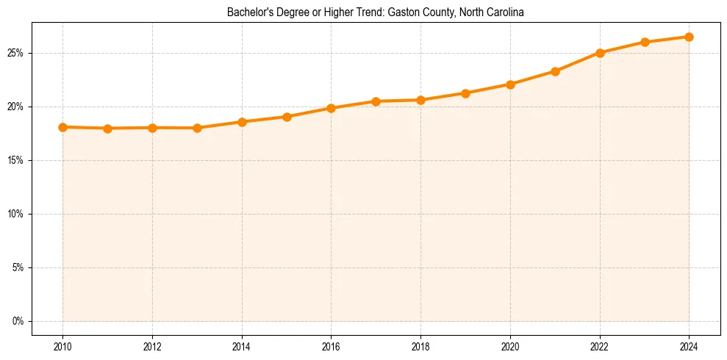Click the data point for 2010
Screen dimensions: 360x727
(62, 127)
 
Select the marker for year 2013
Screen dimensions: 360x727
(197, 128)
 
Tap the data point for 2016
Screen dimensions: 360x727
(331, 108)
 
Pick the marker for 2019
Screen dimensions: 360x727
(465, 93)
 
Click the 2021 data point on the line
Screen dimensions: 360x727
(555, 71)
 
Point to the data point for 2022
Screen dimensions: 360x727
(600, 53)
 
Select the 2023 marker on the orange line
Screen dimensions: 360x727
(645, 42)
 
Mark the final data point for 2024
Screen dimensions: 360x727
(689, 37)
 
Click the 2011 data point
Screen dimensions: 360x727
(107, 129)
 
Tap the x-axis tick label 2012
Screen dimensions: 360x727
(152, 345)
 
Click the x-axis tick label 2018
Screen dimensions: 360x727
(420, 345)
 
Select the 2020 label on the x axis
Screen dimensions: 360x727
(510, 345)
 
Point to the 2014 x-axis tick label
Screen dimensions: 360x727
(242, 345)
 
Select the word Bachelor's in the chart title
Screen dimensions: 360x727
(257, 13)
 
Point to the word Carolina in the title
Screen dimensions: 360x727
(504, 13)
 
